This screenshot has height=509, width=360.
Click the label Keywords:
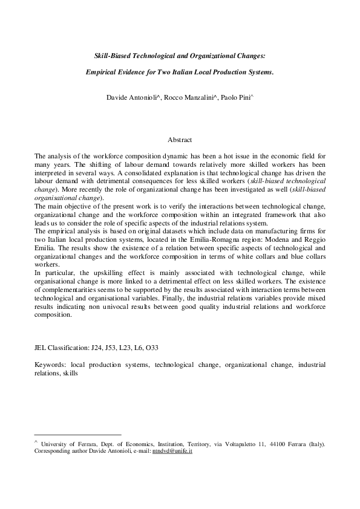click(x=50, y=366)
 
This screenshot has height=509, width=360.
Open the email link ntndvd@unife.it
click(x=172, y=452)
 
